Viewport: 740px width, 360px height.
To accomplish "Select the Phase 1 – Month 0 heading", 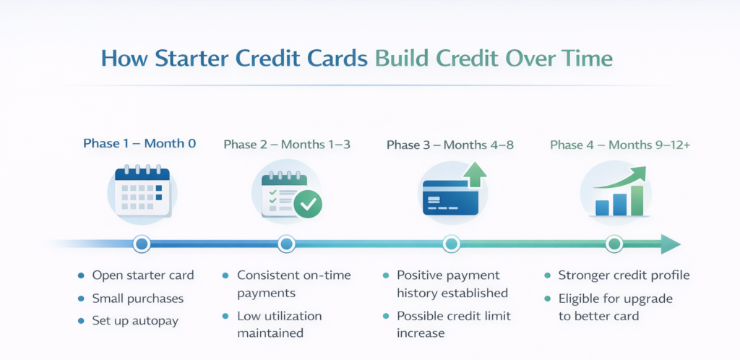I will pos(139,144).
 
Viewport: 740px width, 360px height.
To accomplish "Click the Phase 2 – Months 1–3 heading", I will pos(287,145).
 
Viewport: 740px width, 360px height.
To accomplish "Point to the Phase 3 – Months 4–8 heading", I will pos(450,145).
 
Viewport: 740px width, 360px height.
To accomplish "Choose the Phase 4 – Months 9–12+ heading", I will pos(620,145).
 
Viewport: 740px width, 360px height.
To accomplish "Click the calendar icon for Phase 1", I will pos(142,192).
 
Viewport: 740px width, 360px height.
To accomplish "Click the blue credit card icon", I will pos(449,197).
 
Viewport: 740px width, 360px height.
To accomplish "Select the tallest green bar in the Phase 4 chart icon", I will pos(637,200).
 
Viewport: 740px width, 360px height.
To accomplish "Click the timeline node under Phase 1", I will pos(142,244).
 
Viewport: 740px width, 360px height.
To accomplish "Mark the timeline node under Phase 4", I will pos(615,244).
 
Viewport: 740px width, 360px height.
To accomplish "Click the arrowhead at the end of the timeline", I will pos(671,244).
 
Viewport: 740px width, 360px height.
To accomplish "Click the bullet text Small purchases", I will pos(137,299).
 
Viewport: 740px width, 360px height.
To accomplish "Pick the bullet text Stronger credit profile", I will pos(624,275).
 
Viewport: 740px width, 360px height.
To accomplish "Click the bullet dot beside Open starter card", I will pos(80,276).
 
